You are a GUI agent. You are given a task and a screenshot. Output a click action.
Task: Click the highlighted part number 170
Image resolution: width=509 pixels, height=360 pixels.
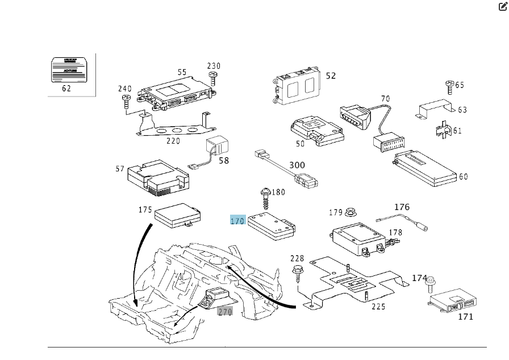coord(237,220)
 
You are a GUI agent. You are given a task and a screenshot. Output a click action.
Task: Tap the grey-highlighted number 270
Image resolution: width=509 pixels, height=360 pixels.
coord(225,311)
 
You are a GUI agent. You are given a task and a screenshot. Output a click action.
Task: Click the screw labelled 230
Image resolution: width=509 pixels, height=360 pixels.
coord(214,77)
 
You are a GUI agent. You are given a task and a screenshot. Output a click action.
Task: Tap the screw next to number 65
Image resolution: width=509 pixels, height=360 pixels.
coord(449,86)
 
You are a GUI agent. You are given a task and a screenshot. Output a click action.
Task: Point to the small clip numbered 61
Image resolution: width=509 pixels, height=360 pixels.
coord(441,130)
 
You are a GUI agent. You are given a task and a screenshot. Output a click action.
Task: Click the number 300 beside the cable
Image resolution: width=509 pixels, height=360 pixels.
coord(297,165)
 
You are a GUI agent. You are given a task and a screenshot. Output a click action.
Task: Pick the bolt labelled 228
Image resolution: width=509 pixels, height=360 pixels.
coord(297,272)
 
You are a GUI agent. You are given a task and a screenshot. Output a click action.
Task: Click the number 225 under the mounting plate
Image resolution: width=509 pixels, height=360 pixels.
coord(378,307)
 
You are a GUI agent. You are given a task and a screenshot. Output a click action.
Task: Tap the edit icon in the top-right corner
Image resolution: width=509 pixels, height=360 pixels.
coord(503,7)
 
